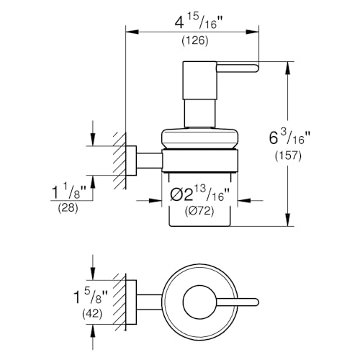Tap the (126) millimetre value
(195, 40)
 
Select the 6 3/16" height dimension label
(289, 138)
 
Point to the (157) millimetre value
(288, 156)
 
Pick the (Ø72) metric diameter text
(199, 211)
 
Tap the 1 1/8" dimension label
(69, 193)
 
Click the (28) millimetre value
(68, 208)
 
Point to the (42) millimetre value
(92, 314)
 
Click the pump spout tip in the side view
(258, 68)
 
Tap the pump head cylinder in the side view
(199, 81)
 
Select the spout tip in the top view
(258, 302)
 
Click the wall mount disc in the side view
(131, 161)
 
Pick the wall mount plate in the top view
(131, 302)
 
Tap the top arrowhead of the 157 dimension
(288, 68)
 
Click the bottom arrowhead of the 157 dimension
(288, 220)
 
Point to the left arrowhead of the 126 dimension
(132, 32)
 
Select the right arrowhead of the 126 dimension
(253, 32)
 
